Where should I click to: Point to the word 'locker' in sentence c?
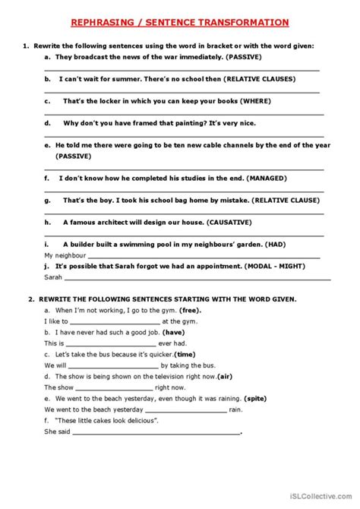[x=104, y=100]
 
